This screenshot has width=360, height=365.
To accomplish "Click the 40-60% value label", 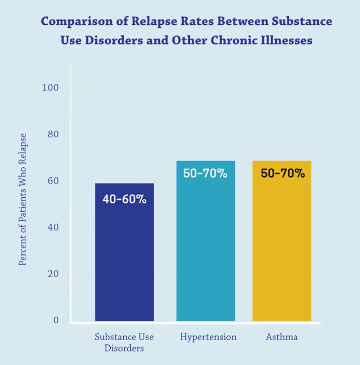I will [x=124, y=199].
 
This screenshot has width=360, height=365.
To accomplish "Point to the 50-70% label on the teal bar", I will [x=205, y=173].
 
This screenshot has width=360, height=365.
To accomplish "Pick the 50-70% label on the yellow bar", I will [x=283, y=173].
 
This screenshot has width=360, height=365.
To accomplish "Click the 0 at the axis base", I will [x=56, y=320].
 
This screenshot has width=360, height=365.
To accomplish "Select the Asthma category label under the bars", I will [x=282, y=337].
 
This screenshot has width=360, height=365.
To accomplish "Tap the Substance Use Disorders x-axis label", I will [x=124, y=342].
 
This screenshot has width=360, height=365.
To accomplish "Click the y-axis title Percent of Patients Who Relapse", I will [x=22, y=199].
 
